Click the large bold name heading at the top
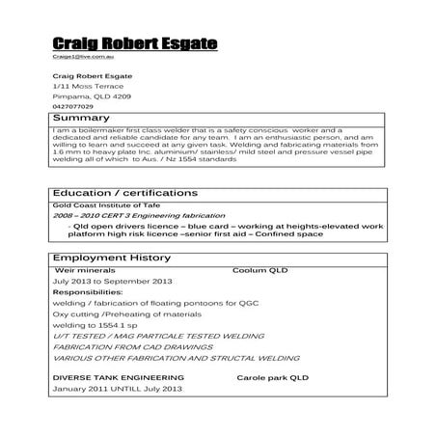(135, 43)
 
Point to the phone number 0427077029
(74, 107)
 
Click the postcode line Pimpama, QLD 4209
(93, 97)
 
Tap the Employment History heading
(112, 259)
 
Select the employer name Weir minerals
(88, 271)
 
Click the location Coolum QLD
(260, 271)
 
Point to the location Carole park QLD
(273, 377)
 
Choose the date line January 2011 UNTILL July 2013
(118, 389)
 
